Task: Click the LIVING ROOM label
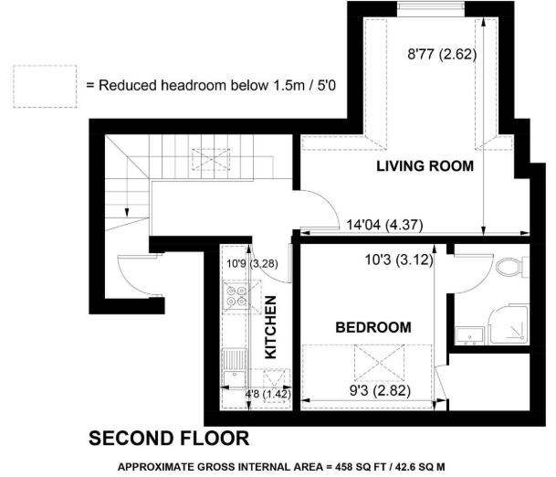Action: pyautogui.click(x=426, y=166)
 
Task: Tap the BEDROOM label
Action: pyautogui.click(x=372, y=327)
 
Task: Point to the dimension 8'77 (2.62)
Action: pyautogui.click(x=441, y=55)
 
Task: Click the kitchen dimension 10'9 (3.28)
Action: pyautogui.click(x=245, y=265)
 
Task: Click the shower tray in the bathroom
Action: pyautogui.click(x=509, y=323)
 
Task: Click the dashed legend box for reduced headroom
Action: pyautogui.click(x=45, y=85)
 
